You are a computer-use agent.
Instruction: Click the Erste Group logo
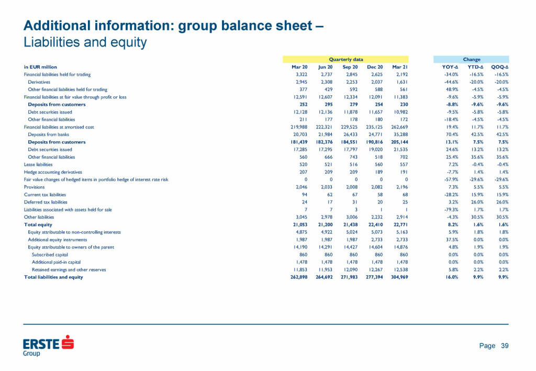pos(48,346)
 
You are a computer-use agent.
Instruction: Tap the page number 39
pos(505,346)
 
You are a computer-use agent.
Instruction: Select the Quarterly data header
pos(345,60)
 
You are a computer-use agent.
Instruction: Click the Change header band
pos(471,60)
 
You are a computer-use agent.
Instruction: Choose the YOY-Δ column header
pos(450,67)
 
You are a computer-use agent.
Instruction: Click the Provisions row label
pos(33,187)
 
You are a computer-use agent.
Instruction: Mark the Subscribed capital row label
pos(51,254)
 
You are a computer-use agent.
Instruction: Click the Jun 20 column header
pos(325,67)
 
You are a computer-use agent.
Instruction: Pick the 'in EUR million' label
pos(40,67)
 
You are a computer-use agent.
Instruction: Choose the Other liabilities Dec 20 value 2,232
pos(375,217)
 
